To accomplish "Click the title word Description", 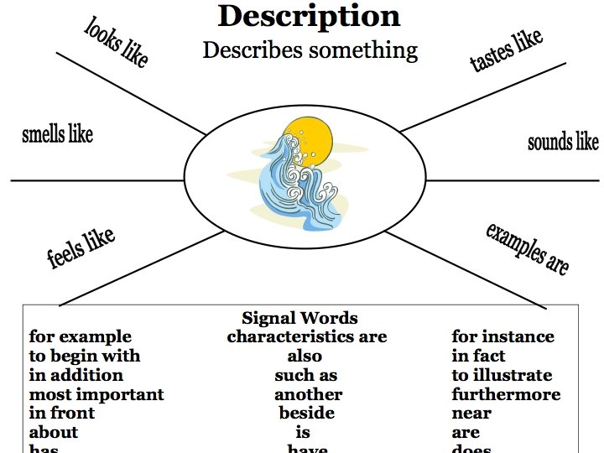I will pos(309,17).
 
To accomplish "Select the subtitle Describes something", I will pos(310,50).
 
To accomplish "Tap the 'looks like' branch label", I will pos(116,42).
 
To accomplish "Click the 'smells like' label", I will pos(57,134).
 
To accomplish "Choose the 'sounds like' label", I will pos(563,142).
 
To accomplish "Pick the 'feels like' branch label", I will pos(81,248).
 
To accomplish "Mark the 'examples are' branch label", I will pos(528,249).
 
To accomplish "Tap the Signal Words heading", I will pos(299,319).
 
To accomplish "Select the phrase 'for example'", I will pos(81,337).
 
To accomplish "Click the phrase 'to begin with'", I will pos(85,357).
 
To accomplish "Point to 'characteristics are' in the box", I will pos(306,337).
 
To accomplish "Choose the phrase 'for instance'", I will pos(502,337).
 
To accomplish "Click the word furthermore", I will pos(506,394).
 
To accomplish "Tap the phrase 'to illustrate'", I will pos(502,375).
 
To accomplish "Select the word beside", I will pos(306,413).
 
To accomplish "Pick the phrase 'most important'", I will pos(96,394).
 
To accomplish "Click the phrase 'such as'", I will pos(305,375).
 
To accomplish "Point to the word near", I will pos(471,413).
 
